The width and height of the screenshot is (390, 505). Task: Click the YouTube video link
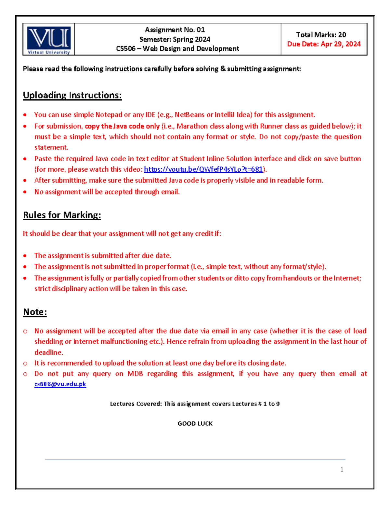203,169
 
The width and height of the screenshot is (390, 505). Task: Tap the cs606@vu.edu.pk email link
60,384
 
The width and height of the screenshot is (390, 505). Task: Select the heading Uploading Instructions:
72,95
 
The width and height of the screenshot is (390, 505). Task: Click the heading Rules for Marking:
62,215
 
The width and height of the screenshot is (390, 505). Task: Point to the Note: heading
35,312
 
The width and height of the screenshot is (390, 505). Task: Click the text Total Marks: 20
321,35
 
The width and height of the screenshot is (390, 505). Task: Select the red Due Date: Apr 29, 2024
324,44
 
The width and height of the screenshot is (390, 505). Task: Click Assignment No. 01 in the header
175,30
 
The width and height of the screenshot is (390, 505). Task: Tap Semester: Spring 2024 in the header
175,39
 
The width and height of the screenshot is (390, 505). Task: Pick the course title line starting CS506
177,49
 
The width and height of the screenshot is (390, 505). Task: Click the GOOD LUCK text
195,423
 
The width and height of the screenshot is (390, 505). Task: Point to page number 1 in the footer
342,469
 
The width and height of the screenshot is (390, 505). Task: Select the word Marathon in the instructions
192,126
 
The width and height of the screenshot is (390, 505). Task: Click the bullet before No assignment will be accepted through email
25,192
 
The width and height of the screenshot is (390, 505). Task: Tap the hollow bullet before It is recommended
25,364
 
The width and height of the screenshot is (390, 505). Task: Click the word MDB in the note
135,374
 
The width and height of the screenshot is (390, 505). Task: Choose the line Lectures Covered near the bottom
195,404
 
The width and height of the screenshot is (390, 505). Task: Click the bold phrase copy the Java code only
122,126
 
